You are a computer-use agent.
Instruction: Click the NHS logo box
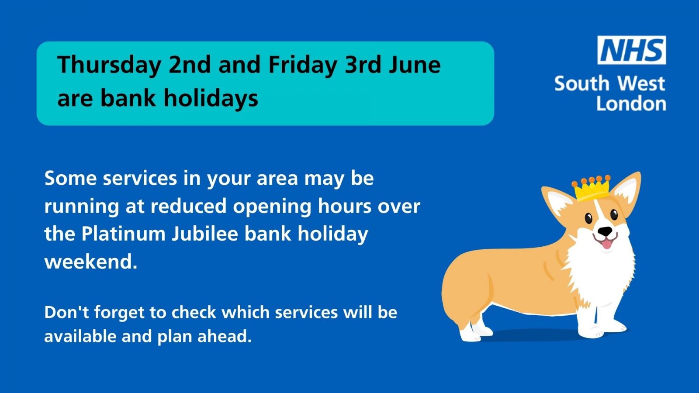(x=632, y=50)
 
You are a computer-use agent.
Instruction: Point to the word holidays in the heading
(x=211, y=98)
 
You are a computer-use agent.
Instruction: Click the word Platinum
(x=123, y=234)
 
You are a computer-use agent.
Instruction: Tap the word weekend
(x=91, y=261)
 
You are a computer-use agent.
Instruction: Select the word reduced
(x=188, y=206)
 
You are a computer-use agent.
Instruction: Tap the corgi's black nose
(x=605, y=231)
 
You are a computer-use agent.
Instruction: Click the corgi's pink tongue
(x=606, y=244)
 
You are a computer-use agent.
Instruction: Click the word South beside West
(x=581, y=83)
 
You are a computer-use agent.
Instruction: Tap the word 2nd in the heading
(x=190, y=65)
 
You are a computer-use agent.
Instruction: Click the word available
(x=80, y=336)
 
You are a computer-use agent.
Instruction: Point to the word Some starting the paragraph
(x=70, y=178)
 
